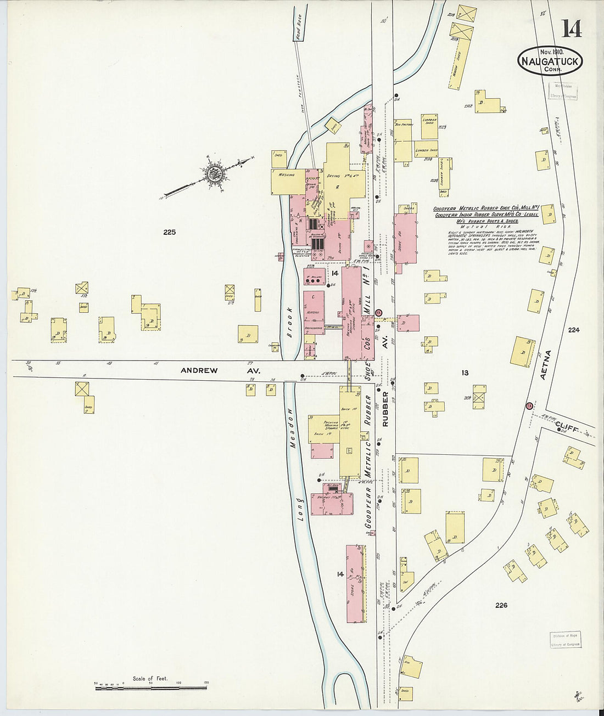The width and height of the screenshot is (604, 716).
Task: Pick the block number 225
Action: [x=169, y=232]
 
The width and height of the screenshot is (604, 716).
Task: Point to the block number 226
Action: [x=501, y=605]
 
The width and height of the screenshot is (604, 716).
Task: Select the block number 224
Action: [x=574, y=330]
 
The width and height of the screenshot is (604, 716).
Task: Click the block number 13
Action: [x=465, y=373]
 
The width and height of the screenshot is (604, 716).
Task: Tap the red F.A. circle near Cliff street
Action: [x=529, y=406]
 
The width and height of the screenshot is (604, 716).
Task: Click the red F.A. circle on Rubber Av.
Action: [x=378, y=312]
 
